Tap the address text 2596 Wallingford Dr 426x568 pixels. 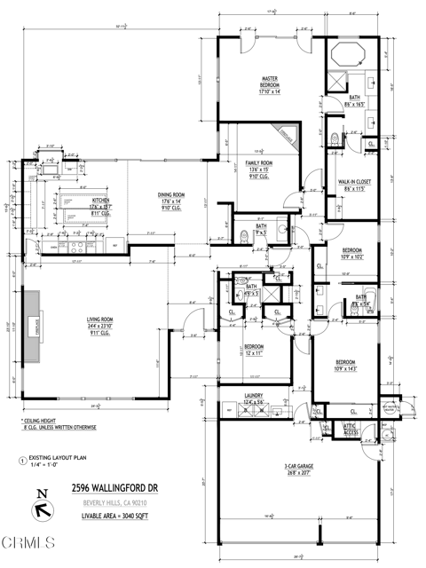(115, 487)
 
